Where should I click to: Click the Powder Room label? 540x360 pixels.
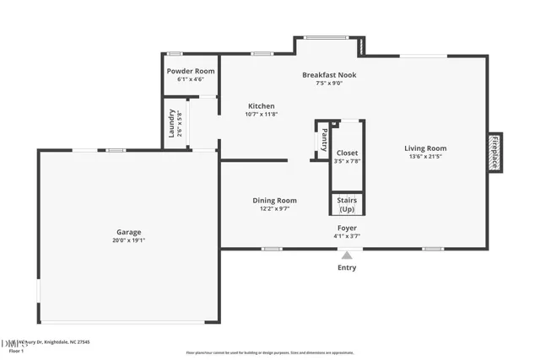[191, 71]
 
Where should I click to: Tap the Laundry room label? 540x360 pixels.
[171, 123]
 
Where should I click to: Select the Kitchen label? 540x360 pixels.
[261, 106]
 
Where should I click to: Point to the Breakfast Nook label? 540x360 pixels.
[330, 75]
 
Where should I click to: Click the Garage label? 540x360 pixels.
[128, 232]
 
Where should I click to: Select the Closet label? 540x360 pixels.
[347, 153]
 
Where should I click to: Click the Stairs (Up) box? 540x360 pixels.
[347, 205]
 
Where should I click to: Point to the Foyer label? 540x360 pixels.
[347, 228]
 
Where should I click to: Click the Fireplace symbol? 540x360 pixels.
[495, 153]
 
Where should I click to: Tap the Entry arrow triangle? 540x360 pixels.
[346, 255]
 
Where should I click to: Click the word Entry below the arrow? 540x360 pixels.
[347, 268]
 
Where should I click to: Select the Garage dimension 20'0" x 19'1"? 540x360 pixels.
[128, 240]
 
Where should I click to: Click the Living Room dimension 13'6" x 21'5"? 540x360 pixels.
[425, 156]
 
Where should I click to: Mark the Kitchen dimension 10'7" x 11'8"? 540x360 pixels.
[261, 114]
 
